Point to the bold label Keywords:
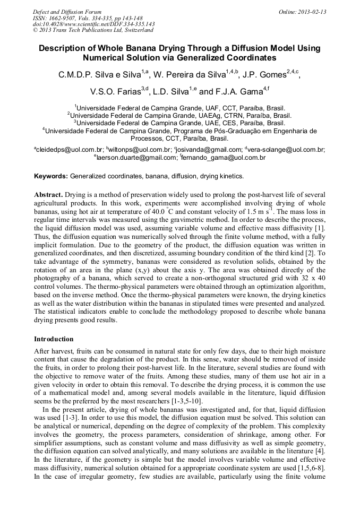[x=51, y=176]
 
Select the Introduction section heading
[x=54, y=339]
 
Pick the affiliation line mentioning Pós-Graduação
[x=181, y=130]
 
